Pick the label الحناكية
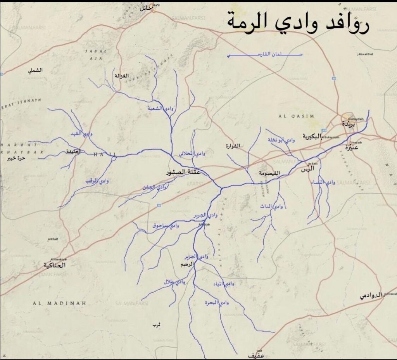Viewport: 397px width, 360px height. pyautogui.click(x=55, y=265)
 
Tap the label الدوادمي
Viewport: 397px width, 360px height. pyautogui.click(x=371, y=295)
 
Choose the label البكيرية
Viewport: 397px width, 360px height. pyautogui.click(x=312, y=137)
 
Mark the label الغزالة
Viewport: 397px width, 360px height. pyautogui.click(x=121, y=76)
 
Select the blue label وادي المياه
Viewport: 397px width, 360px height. pyautogui.click(x=224, y=284)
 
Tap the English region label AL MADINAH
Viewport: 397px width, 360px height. pyautogui.click(x=59, y=303)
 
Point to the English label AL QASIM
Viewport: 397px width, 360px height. pyautogui.click(x=296, y=116)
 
